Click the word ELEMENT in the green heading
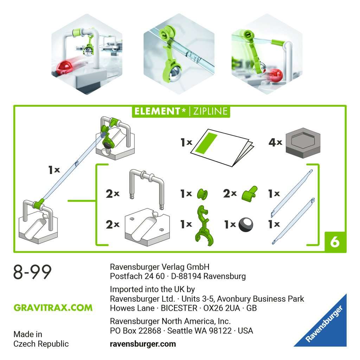click(157, 112)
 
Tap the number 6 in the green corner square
click(335, 242)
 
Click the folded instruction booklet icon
click(221, 147)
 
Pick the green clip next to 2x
click(250, 193)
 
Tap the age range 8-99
click(32, 272)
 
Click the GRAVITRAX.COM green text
click(53, 308)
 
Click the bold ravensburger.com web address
click(143, 344)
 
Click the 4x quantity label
click(275, 142)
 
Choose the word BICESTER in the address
click(179, 308)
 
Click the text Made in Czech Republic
click(41, 339)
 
